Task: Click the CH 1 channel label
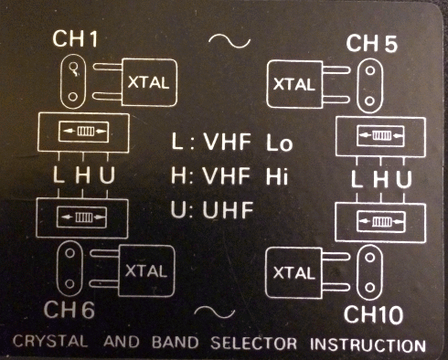tap(77, 40)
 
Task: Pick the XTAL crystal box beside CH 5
tap(294, 85)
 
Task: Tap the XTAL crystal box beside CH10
tap(294, 271)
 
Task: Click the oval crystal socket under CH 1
tap(70, 83)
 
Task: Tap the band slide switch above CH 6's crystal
tap(80, 217)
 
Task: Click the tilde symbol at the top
tap(224, 41)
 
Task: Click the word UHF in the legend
tap(225, 211)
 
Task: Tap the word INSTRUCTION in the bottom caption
tap(368, 346)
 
